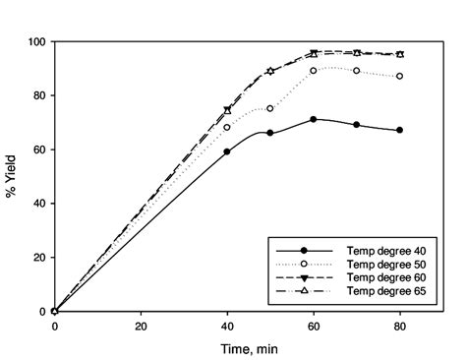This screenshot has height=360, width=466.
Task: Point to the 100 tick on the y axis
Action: [x=37, y=42]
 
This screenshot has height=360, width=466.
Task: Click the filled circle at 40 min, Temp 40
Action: [x=227, y=151]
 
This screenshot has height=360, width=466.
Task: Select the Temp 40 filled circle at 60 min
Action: [x=314, y=119]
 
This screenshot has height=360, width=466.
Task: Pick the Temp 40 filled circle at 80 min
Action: [x=400, y=130]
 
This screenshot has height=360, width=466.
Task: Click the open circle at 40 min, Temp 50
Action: [x=227, y=128]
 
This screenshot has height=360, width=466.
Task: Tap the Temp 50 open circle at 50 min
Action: [x=270, y=108]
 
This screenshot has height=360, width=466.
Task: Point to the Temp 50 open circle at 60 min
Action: [x=314, y=71]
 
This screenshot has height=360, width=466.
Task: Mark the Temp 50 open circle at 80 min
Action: [x=400, y=76]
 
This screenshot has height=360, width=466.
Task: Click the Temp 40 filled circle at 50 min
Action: [x=270, y=133]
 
